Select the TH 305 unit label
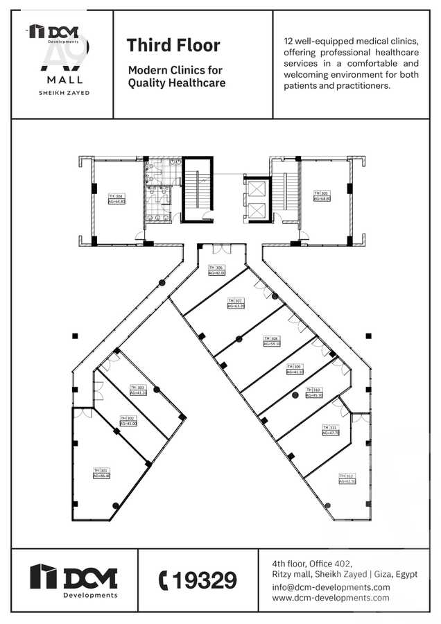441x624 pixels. click(322, 196)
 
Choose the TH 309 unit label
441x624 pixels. click(295, 369)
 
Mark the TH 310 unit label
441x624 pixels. click(313, 392)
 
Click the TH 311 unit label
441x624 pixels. click(330, 430)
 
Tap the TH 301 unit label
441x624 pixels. click(101, 472)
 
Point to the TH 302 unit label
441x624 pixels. click(128, 420)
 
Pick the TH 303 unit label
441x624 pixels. click(138, 390)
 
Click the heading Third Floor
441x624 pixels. click(173, 46)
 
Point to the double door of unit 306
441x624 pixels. click(219, 249)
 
